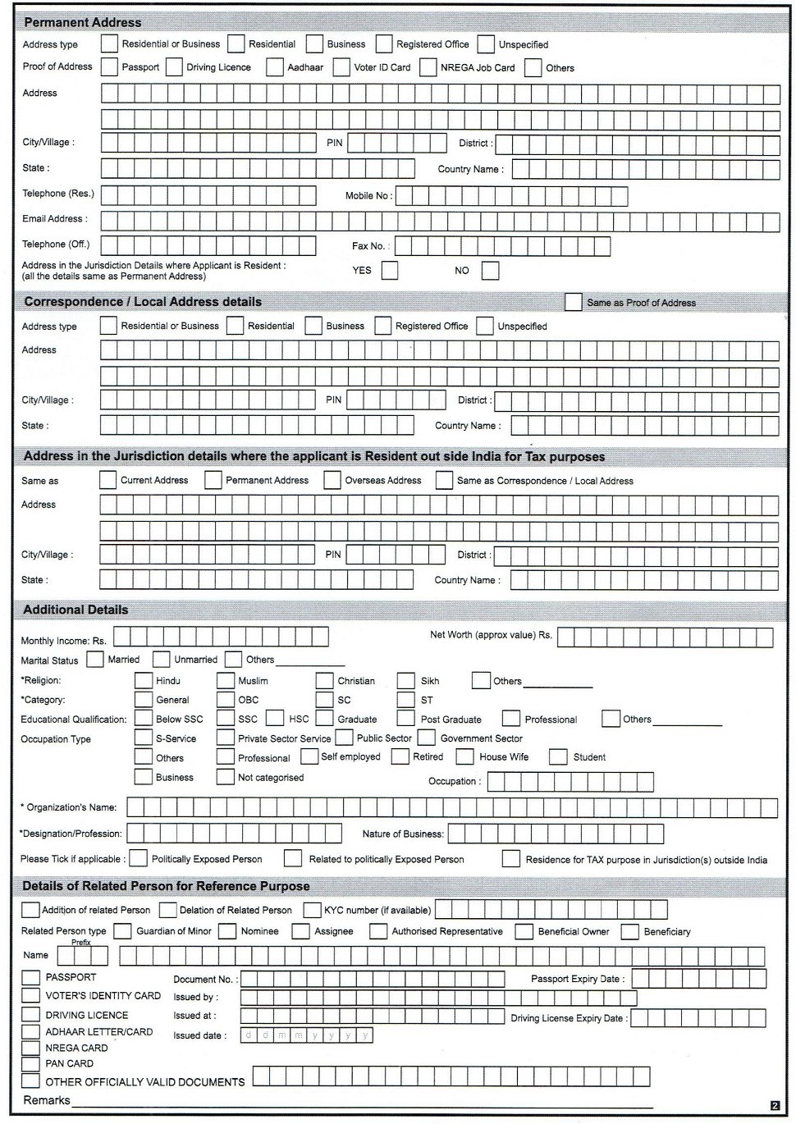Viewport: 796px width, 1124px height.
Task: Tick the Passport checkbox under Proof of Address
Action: pyautogui.click(x=109, y=67)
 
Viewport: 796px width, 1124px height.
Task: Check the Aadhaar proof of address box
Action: pyautogui.click(x=275, y=67)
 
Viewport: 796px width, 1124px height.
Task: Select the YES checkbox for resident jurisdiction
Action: pyautogui.click(x=390, y=271)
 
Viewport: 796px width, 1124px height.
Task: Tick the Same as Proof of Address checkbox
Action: pyautogui.click(x=574, y=303)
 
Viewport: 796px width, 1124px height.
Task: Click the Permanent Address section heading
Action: pyautogui.click(x=82, y=22)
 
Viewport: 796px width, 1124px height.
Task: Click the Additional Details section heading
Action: pyautogui.click(x=75, y=610)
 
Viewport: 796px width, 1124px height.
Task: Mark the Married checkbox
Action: pyautogui.click(x=95, y=660)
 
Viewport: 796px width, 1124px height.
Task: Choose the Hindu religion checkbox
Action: pyautogui.click(x=144, y=681)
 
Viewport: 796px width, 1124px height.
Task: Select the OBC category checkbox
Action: pyautogui.click(x=226, y=700)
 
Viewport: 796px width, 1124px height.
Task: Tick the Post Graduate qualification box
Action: pyautogui.click(x=405, y=720)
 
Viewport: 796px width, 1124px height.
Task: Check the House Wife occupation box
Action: pyautogui.click(x=464, y=757)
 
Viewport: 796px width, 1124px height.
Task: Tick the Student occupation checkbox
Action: pyautogui.click(x=558, y=757)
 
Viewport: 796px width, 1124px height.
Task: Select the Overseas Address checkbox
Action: pyautogui.click(x=332, y=481)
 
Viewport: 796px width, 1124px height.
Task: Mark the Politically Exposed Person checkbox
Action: pyautogui.click(x=139, y=859)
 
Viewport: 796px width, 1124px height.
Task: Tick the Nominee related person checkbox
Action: pyautogui.click(x=227, y=931)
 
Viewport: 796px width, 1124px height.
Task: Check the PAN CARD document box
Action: pyautogui.click(x=30, y=1063)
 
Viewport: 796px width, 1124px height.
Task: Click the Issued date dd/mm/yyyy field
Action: pyautogui.click(x=306, y=1035)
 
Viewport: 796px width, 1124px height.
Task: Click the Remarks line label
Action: pyautogui.click(x=47, y=1100)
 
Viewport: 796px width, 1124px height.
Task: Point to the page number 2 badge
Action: pyautogui.click(x=775, y=1105)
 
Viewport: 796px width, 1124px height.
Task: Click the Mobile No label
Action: pyautogui.click(x=368, y=196)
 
